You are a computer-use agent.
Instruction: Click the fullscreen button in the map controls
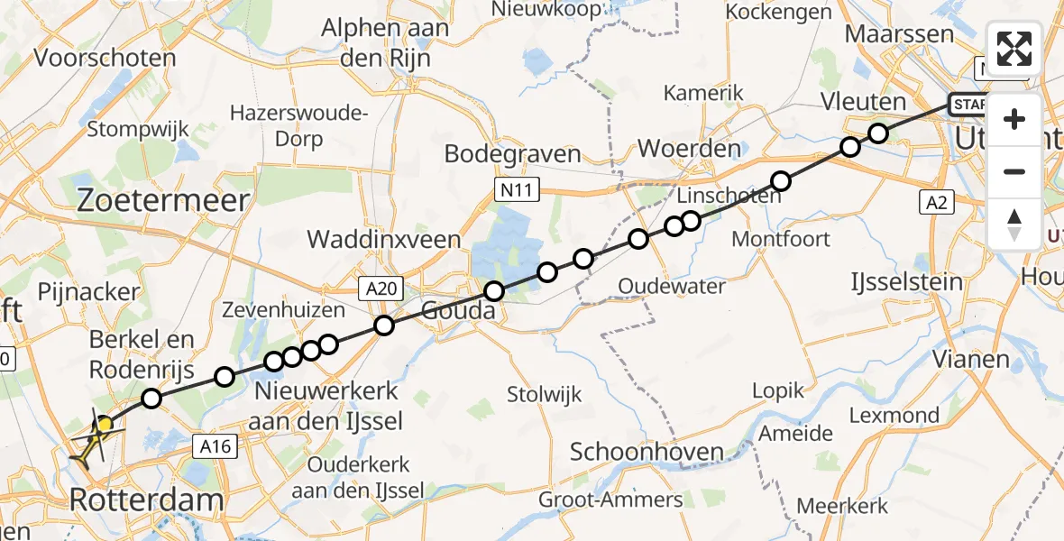(x=1014, y=49)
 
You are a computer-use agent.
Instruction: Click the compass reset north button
(x=1014, y=225)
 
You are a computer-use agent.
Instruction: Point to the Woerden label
(x=689, y=149)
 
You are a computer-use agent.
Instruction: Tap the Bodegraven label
(x=512, y=154)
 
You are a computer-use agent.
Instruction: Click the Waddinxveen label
(x=384, y=240)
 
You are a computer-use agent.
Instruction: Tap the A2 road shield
(x=938, y=203)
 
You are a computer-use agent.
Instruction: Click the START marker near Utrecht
(x=969, y=105)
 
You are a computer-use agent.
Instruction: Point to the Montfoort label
(x=781, y=239)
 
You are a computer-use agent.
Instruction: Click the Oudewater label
(x=672, y=286)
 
